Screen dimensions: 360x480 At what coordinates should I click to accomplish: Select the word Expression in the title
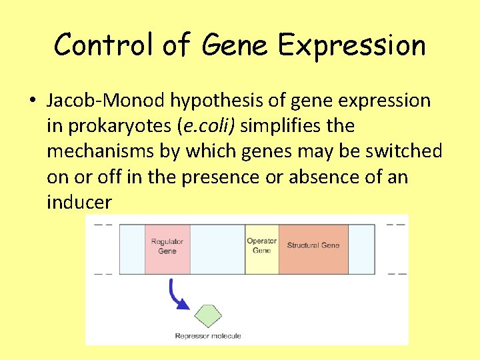351,45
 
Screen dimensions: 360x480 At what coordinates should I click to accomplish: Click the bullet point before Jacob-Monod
32,101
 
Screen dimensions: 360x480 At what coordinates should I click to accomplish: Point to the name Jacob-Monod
105,101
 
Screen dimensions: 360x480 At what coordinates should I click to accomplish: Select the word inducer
79,202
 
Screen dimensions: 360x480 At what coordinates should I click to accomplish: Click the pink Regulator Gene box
167,249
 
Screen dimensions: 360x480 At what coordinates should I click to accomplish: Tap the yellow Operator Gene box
261,249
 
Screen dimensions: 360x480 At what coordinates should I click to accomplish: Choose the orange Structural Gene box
313,249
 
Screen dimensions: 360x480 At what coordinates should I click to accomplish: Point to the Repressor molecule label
207,336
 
